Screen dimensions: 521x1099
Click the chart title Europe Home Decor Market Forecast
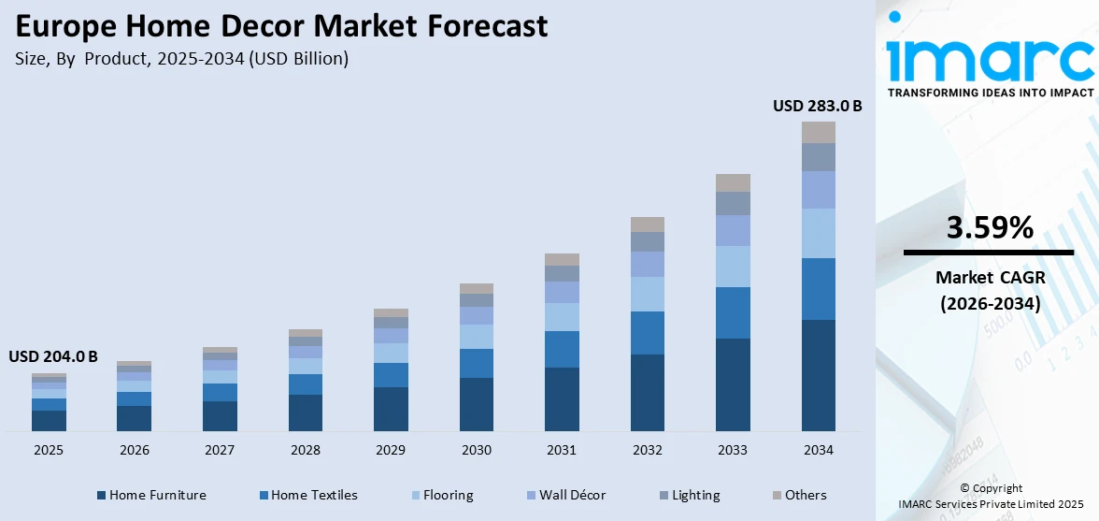(x=281, y=26)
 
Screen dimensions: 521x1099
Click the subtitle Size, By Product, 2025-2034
(x=181, y=58)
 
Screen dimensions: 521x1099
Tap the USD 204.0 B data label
(x=53, y=356)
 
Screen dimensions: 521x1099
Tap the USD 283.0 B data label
(x=817, y=107)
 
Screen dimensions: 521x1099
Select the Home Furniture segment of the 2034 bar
(x=818, y=375)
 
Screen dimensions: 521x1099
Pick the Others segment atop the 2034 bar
(x=818, y=132)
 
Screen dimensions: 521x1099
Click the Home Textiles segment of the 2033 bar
(x=733, y=312)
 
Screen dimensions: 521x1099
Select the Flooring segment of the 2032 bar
(x=647, y=294)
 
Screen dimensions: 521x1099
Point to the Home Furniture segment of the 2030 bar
(x=476, y=404)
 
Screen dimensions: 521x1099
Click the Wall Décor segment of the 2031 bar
(x=562, y=292)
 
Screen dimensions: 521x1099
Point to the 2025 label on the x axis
(x=49, y=450)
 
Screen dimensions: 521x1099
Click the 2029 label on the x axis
(x=391, y=450)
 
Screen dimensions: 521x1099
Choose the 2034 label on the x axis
(x=818, y=450)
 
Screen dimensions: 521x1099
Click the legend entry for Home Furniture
(x=150, y=495)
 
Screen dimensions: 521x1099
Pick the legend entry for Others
(x=799, y=495)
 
